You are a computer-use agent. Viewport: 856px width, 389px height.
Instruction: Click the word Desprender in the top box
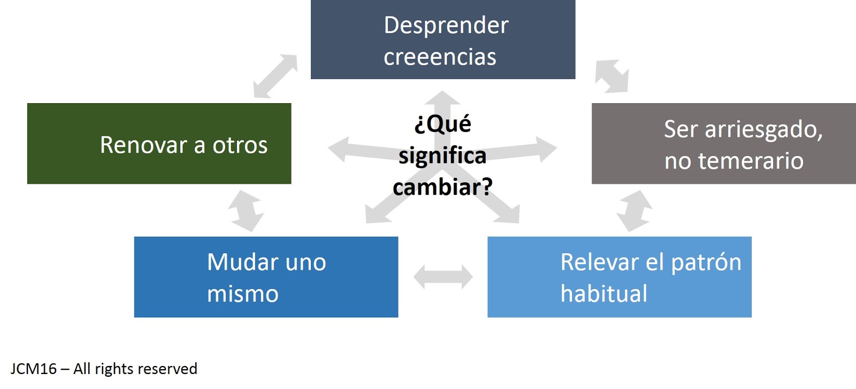446,26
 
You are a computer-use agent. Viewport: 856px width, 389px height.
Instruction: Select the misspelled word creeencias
440,57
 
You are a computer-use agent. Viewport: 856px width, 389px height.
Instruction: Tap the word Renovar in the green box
143,145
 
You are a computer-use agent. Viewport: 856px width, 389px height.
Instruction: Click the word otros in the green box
240,146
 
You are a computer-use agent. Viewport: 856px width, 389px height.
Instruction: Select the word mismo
243,294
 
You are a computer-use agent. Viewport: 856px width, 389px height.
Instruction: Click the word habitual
604,294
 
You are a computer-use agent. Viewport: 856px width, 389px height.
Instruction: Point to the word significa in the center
442,155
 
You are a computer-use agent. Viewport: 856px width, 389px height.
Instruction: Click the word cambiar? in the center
442,187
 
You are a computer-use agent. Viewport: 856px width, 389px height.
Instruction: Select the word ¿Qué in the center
442,124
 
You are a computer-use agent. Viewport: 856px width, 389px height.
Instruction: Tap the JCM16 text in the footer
33,369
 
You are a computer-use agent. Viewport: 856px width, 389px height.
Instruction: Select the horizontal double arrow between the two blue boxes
443,277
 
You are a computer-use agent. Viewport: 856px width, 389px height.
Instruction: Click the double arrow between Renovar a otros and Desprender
275,76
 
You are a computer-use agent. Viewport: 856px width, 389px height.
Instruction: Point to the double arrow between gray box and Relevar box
634,211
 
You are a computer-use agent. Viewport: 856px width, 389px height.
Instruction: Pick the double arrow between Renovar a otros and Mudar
246,211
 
